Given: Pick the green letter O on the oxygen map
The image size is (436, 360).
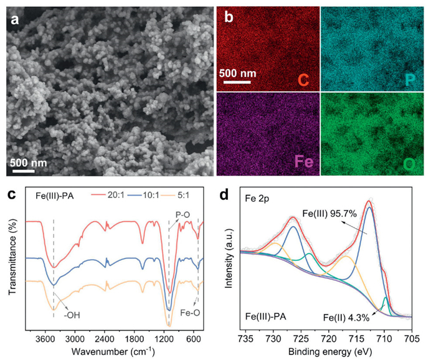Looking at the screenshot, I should (x=409, y=166).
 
